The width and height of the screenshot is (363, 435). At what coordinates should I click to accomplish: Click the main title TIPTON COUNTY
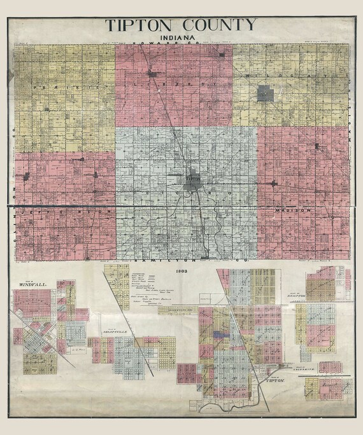coord(181,25)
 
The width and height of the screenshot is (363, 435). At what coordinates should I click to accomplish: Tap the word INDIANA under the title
coord(181,40)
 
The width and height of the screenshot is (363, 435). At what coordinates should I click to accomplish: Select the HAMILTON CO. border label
coord(183,261)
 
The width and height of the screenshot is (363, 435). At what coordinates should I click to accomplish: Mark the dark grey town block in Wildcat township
coord(264,95)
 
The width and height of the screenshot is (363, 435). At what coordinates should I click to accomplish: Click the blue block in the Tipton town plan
coord(220,332)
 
